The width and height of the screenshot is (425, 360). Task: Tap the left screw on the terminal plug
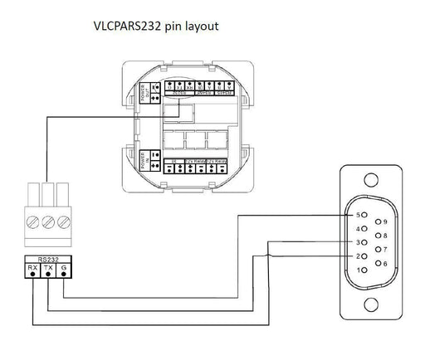click(x=32, y=222)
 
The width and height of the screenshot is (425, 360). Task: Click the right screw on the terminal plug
click(x=63, y=222)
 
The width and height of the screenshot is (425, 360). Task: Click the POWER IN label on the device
click(x=151, y=158)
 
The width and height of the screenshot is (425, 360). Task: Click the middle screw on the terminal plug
click(x=47, y=222)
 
